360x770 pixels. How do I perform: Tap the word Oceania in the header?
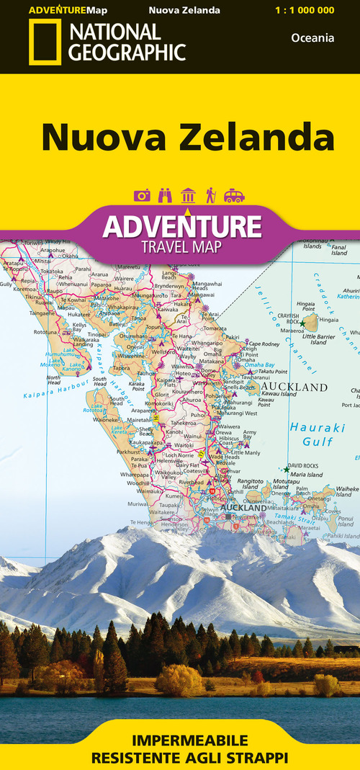(x=312, y=37)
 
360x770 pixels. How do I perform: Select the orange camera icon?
(x=142, y=195)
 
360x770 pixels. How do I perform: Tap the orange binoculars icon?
(x=165, y=195)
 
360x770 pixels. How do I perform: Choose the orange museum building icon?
(x=188, y=195)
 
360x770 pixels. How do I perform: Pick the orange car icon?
(x=234, y=195)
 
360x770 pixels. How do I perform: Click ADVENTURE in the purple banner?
(x=181, y=226)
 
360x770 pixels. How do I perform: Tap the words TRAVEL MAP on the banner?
(x=181, y=247)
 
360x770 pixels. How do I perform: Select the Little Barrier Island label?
(x=318, y=339)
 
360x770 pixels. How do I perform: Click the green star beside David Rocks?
(x=286, y=470)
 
